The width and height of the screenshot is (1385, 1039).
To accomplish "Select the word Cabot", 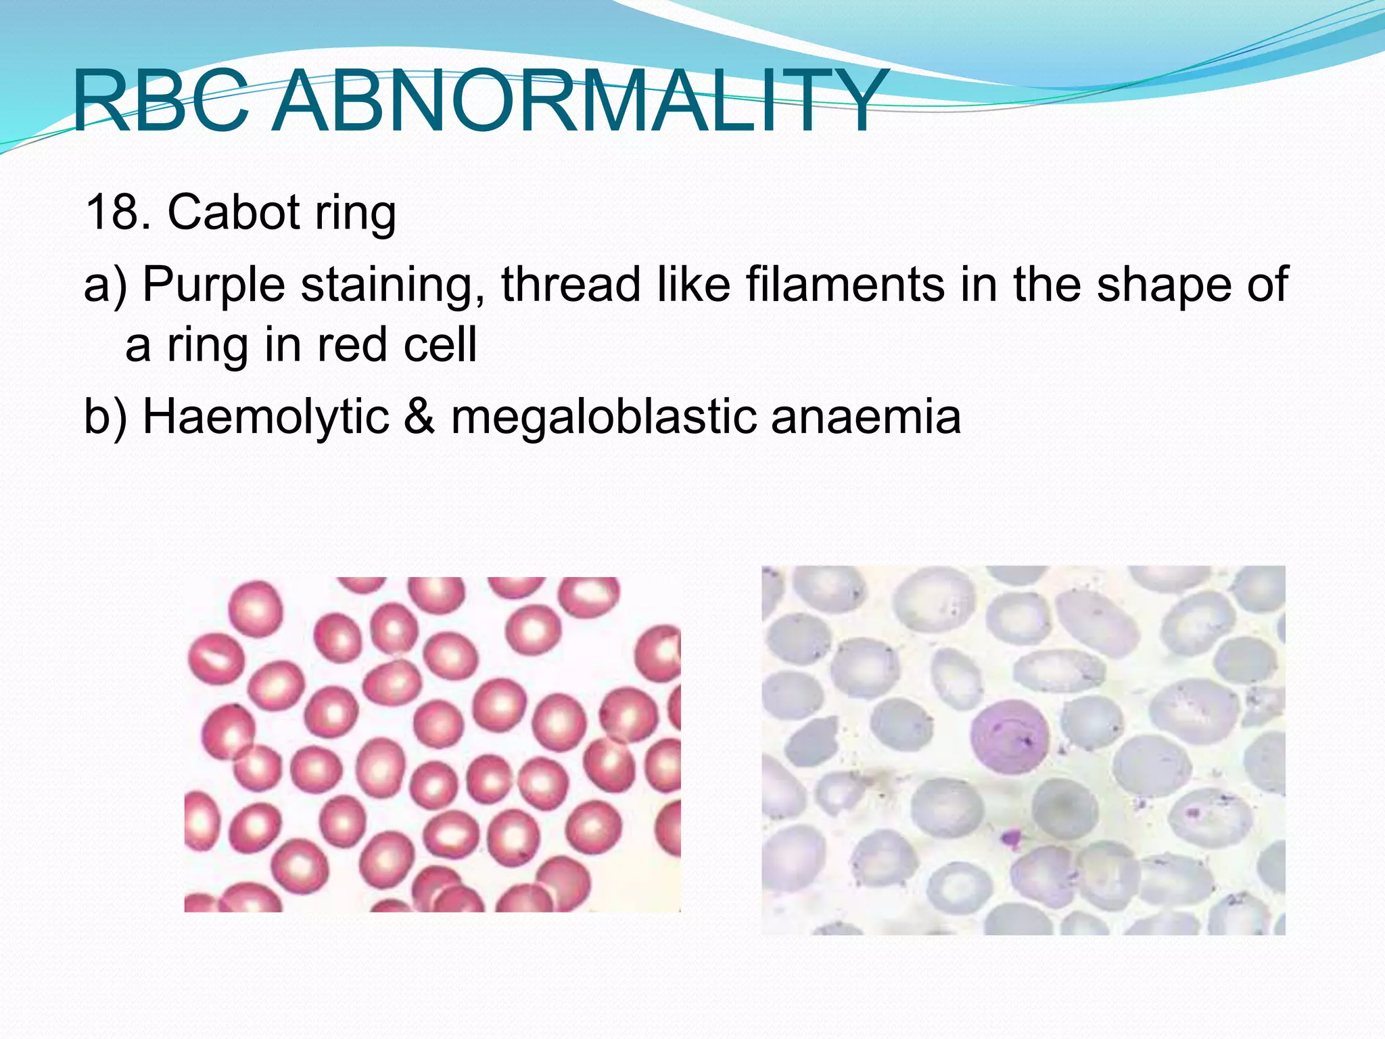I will coord(233,212).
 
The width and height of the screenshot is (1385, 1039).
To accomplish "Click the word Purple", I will coord(214,284).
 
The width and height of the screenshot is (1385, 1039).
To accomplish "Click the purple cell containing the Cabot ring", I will coord(1009,738).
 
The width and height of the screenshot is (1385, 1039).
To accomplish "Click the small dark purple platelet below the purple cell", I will coord(1010,839).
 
